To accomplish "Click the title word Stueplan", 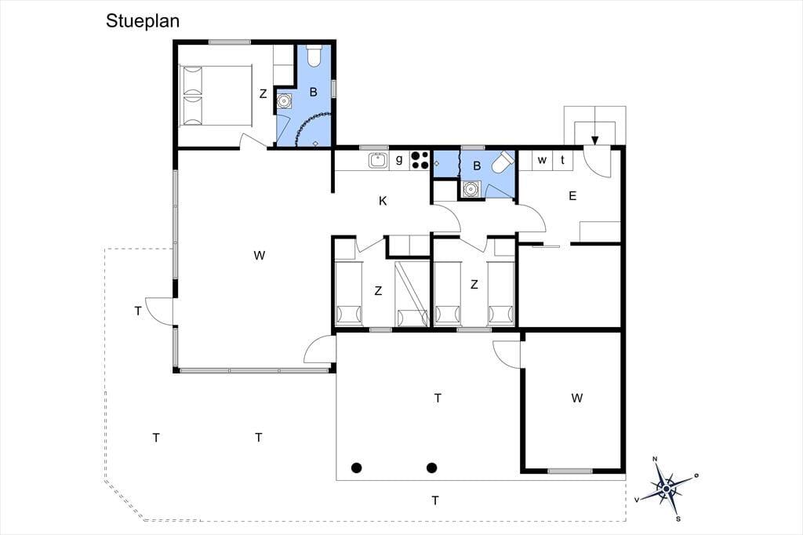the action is pyautogui.click(x=143, y=21).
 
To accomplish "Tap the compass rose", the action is pyautogui.click(x=666, y=489).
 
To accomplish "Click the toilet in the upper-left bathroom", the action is pyautogui.click(x=314, y=56).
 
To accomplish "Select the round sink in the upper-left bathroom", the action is pyautogui.click(x=283, y=101).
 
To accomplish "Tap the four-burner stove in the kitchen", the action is pyautogui.click(x=420, y=159).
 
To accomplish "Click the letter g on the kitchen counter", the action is pyautogui.click(x=399, y=159).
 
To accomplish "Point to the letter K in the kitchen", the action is pyautogui.click(x=383, y=201).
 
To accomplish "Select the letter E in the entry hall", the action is pyautogui.click(x=572, y=195).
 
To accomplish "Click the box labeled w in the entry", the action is pyautogui.click(x=542, y=160).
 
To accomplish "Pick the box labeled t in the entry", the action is pyautogui.click(x=562, y=160).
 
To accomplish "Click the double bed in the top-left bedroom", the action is pyautogui.click(x=216, y=95).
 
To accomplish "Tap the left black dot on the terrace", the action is pyautogui.click(x=357, y=468).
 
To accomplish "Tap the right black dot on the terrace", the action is pyautogui.click(x=432, y=468).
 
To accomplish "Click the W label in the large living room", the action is pyautogui.click(x=259, y=255).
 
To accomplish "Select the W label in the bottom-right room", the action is pyautogui.click(x=576, y=398).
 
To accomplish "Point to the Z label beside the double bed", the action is pyautogui.click(x=263, y=94).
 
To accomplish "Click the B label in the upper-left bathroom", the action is pyautogui.click(x=314, y=93).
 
